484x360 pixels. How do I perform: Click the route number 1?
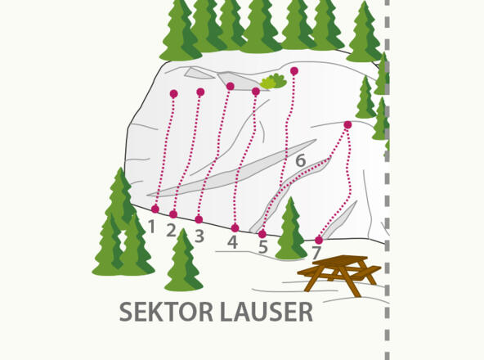pyautogui.click(x=151, y=225)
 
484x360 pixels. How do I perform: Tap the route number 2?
pyautogui.click(x=172, y=231)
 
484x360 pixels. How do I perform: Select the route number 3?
pyautogui.click(x=199, y=236)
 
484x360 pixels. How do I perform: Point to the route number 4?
pyautogui.click(x=233, y=242)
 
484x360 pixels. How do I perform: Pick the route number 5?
pyautogui.click(x=262, y=247)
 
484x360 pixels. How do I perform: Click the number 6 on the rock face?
pyautogui.click(x=300, y=161)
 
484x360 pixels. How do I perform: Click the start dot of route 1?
pyautogui.click(x=155, y=209)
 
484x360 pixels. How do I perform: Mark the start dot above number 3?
pyautogui.click(x=199, y=219)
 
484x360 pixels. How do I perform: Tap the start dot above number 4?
pyautogui.click(x=235, y=228)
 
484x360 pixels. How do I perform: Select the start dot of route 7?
pyautogui.click(x=319, y=240)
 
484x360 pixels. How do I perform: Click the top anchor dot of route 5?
pyautogui.click(x=294, y=71)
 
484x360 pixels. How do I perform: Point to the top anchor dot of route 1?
pyautogui.click(x=173, y=94)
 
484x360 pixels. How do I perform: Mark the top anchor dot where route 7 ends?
pyautogui.click(x=347, y=125)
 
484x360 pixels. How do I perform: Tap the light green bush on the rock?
pyautogui.click(x=272, y=81)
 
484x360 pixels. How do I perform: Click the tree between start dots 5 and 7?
pyautogui.click(x=290, y=231)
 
